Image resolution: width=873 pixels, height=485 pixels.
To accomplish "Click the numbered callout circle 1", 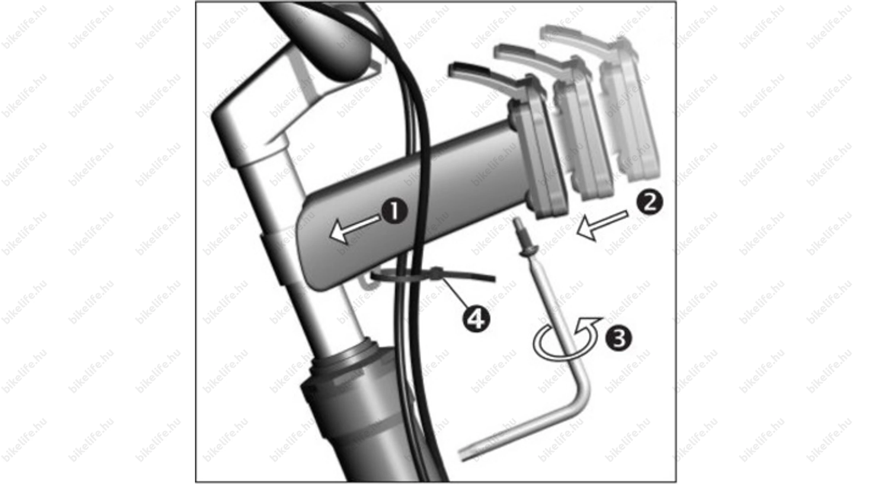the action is [394, 211].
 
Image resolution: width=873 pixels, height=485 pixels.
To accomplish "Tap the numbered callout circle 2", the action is [650, 202].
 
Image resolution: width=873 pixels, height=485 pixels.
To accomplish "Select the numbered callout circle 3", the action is [618, 338].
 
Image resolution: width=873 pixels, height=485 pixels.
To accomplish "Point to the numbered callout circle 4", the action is [476, 319].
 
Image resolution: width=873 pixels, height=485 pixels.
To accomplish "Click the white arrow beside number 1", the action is [355, 228].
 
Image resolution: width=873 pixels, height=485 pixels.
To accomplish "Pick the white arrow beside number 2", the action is [602, 225].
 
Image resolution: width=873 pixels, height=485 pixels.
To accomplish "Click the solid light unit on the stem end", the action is [538, 153].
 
